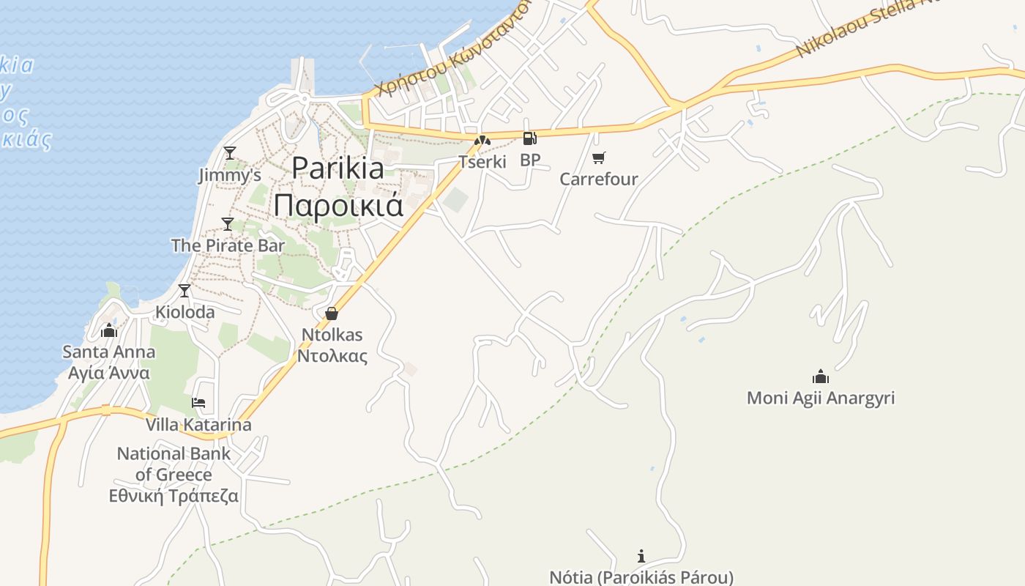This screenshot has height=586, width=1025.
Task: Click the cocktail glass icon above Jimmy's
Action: [x=230, y=152]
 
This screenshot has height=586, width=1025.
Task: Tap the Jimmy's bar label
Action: [x=230, y=175]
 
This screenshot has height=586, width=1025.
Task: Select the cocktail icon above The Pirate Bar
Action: [x=228, y=223]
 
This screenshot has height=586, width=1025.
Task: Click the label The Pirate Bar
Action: [x=228, y=245]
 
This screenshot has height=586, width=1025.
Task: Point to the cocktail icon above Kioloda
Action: [x=184, y=291]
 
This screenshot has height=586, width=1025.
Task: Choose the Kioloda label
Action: [x=185, y=312]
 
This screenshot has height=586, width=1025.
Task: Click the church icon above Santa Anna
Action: [x=109, y=330]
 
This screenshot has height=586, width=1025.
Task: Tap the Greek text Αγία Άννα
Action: [x=109, y=373]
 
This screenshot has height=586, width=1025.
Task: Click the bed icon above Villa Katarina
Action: [x=198, y=403]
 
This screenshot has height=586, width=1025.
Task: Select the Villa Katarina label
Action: [x=198, y=425]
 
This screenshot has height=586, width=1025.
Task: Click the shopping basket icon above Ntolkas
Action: [x=332, y=314]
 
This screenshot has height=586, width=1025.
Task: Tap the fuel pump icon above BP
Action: [x=529, y=138]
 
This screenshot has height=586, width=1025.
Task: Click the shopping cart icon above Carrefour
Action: [x=599, y=157]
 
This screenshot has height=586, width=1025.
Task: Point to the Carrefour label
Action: [x=599, y=179]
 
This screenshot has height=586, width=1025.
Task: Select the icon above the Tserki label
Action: [x=482, y=140]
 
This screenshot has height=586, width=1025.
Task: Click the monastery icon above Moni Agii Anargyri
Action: [x=821, y=377]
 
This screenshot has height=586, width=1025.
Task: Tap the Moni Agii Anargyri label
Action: [x=821, y=398]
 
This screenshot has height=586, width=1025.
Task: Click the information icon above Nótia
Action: [x=641, y=556]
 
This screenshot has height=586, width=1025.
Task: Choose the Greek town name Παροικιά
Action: [x=338, y=205]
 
